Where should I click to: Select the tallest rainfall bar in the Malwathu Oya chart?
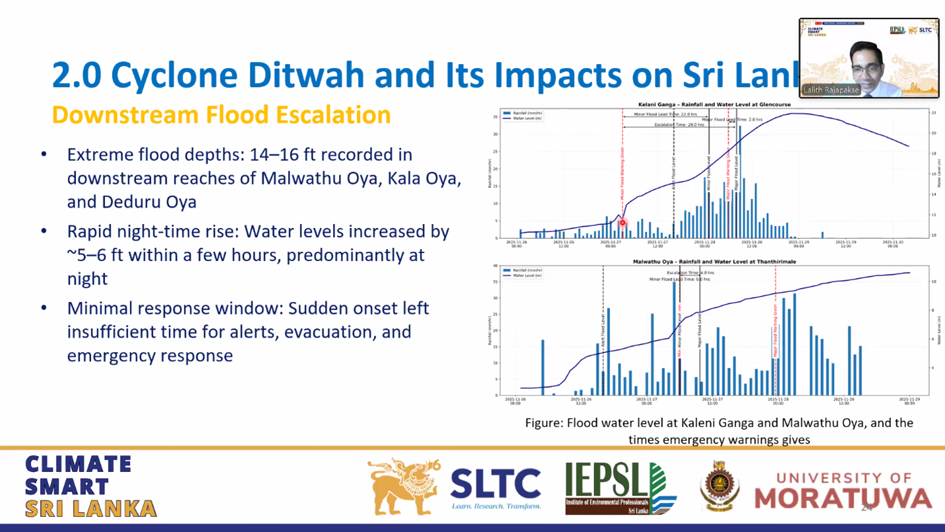coord(675,337)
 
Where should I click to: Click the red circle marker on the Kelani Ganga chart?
coord(622,223)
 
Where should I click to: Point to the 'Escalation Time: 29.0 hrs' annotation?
coord(679,125)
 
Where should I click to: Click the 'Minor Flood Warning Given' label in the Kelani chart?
coord(623,173)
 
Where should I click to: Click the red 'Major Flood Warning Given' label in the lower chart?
coord(775,330)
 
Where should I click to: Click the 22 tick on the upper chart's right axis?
coord(933,114)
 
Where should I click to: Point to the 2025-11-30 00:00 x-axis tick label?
coord(893,244)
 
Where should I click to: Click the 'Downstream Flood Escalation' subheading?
coord(221,115)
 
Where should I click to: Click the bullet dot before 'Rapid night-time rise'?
coord(44,231)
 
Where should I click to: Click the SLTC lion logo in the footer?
coord(404,486)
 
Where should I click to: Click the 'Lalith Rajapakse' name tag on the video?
coord(831,90)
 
